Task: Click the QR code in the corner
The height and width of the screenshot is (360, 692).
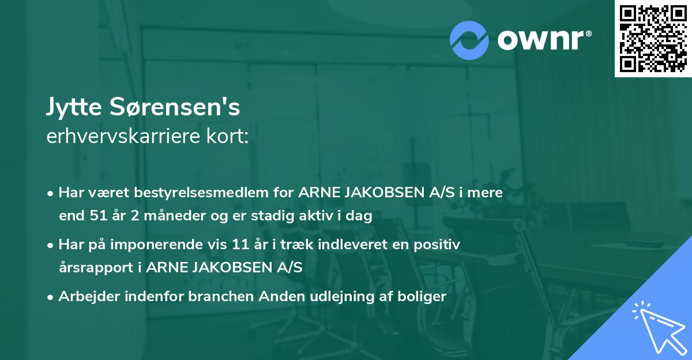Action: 653,38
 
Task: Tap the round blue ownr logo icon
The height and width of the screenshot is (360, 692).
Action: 470,40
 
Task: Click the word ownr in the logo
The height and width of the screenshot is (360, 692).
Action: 543,40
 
